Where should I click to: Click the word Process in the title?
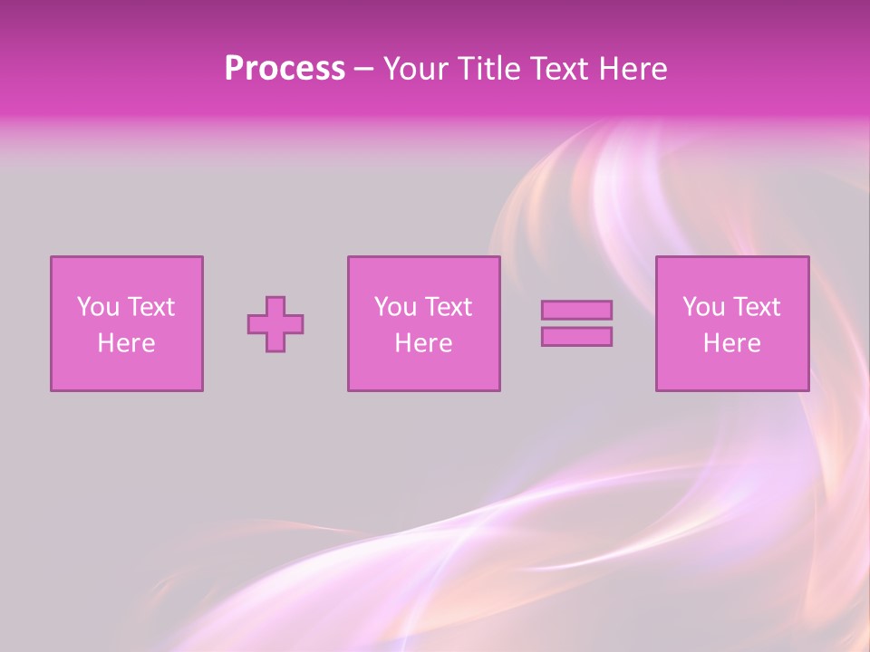(x=285, y=69)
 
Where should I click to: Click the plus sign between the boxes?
(x=275, y=324)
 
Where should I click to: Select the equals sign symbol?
(x=576, y=323)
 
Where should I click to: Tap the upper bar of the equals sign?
(x=576, y=311)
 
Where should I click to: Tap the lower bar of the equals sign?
(x=576, y=337)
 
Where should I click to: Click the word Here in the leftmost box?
(x=126, y=343)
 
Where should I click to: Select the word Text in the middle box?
(x=449, y=307)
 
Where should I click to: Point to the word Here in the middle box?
(x=423, y=343)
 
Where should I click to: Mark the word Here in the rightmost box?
(x=732, y=343)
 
